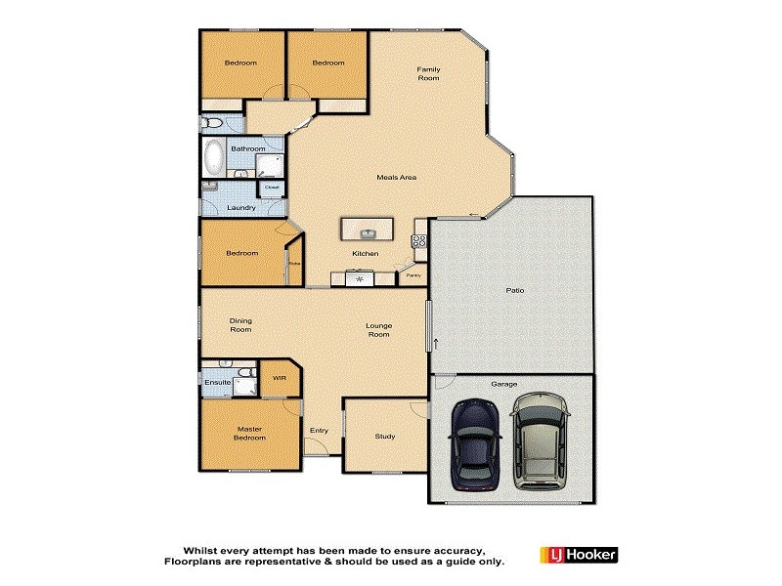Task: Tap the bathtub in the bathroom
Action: (214, 155)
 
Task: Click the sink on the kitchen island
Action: (369, 232)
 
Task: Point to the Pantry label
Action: (413, 275)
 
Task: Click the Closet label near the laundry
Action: (272, 188)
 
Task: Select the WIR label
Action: (279, 378)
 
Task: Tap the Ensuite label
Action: (218, 382)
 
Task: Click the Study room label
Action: (385, 436)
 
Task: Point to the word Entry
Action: (319, 431)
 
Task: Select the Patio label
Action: (514, 291)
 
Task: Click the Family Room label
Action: (428, 73)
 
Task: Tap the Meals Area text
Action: (397, 177)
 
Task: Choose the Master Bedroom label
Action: (250, 433)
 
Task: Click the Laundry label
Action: (240, 207)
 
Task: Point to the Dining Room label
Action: (240, 324)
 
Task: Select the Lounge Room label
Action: (378, 329)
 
